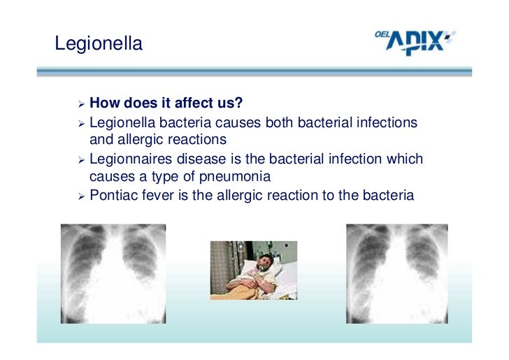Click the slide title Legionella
[x=99, y=44]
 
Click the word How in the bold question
[x=106, y=104]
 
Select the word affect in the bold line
[x=190, y=104]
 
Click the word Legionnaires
[x=135, y=159]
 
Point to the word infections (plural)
[x=387, y=123]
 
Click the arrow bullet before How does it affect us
[x=82, y=105]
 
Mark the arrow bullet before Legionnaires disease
[x=82, y=160]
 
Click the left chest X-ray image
[x=113, y=273]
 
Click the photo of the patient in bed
[x=254, y=270]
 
